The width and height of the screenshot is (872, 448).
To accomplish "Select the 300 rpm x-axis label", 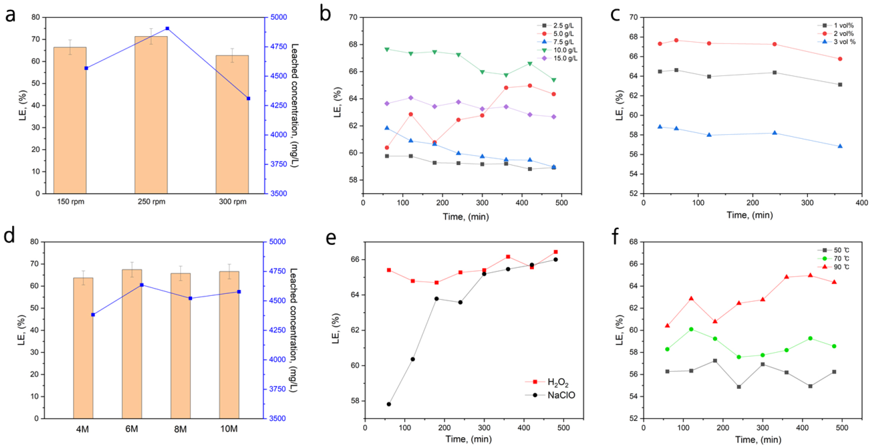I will [x=232, y=202].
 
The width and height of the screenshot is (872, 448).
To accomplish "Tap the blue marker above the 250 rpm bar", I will [x=167, y=29].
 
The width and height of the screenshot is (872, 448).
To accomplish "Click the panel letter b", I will [x=325, y=13].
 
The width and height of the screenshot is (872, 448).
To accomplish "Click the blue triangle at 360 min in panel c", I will [x=840, y=146].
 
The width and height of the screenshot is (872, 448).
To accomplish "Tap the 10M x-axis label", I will [x=229, y=429].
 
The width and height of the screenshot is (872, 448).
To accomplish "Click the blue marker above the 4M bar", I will [x=93, y=315].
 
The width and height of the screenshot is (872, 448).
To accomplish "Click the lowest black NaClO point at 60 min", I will [x=389, y=404].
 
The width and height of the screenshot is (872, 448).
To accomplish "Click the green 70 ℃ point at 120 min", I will [x=691, y=329].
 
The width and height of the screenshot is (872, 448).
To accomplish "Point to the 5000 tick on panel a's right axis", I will [x=279, y=17].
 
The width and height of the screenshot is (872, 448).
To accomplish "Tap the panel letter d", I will [x=9, y=236].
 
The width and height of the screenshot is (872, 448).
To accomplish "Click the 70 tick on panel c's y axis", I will [x=634, y=17].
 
